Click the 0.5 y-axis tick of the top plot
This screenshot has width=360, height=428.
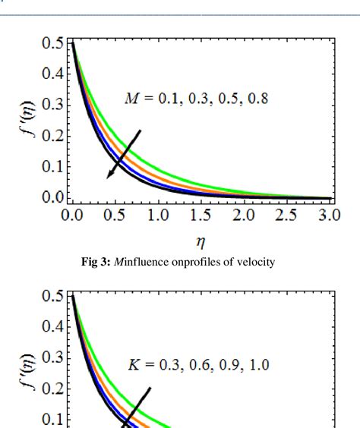pos(52,42)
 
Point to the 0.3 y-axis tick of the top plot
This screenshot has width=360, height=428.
pos(52,105)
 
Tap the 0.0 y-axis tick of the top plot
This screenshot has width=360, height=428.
pos(52,197)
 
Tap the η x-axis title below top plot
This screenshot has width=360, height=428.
pos(201,246)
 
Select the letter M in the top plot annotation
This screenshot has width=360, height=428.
pos(131,99)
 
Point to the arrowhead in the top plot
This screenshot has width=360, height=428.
pos(111,174)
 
